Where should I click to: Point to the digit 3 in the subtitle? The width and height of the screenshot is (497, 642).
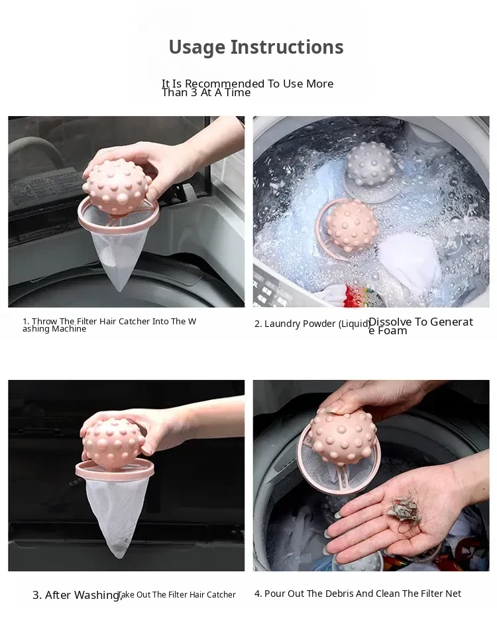click(194, 93)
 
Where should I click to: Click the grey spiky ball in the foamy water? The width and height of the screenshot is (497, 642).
click(370, 164)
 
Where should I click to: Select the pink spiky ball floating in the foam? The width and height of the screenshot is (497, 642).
click(351, 225)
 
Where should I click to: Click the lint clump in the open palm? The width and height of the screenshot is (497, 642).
click(403, 509)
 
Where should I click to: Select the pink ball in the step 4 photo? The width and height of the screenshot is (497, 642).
click(342, 436)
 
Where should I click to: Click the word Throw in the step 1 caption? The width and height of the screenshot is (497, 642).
click(44, 322)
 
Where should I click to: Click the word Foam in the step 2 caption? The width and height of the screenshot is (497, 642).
click(392, 331)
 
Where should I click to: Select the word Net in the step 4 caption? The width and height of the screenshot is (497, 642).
click(453, 594)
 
